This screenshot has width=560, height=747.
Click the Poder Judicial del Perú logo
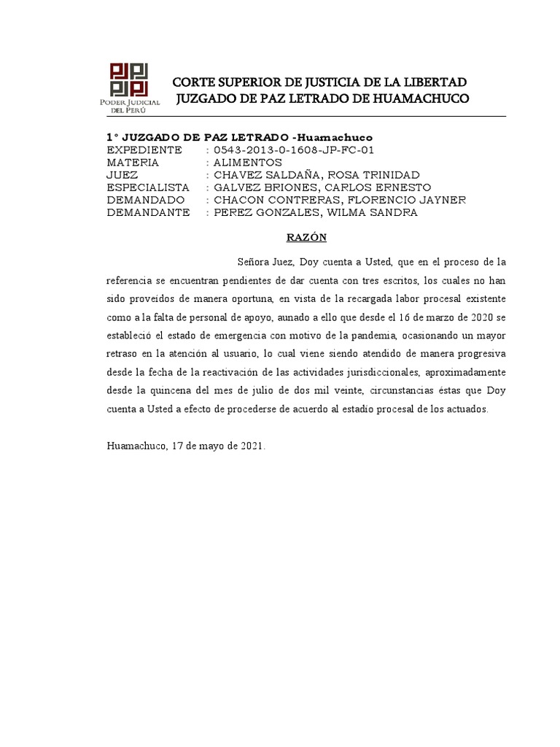(x=128, y=86)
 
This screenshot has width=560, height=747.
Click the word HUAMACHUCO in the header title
(x=424, y=98)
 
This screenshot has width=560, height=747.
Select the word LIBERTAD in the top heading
(x=432, y=81)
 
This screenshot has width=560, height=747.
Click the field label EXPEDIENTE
(x=144, y=150)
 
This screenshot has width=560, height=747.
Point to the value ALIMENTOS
(x=247, y=163)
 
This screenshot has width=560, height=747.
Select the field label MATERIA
(x=133, y=163)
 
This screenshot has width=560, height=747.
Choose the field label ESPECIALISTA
(x=148, y=187)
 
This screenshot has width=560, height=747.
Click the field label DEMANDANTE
(x=148, y=212)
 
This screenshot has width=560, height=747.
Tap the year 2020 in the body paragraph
(x=473, y=317)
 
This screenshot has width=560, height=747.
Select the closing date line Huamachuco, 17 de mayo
(x=186, y=446)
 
